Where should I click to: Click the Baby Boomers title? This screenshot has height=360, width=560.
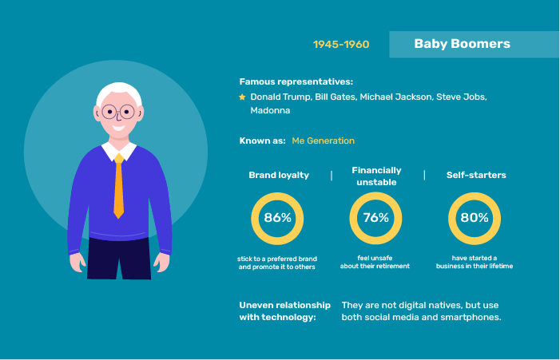pos(463,44)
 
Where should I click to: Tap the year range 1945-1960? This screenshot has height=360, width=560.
pos(341,44)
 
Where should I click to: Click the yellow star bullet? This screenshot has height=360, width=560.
pos(242,97)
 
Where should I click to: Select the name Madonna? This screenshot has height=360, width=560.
pos(270,110)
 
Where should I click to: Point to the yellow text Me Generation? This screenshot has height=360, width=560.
pos(324,140)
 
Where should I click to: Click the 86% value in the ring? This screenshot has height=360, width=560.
pos(277,217)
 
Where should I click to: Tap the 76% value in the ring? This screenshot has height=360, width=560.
pos(375,217)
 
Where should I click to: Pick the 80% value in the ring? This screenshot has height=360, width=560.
pos(475,217)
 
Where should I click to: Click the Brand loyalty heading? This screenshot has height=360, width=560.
pos(279,175)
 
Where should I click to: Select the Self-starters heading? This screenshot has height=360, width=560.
pos(476,175)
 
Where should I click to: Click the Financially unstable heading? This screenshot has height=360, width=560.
pos(376,176)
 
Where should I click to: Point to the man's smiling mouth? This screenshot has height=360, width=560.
pos(118,128)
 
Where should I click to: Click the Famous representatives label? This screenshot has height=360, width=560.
pos(296,81)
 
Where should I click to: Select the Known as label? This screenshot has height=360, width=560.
pos(263,140)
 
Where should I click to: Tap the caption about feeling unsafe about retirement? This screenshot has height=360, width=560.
pos(375,262)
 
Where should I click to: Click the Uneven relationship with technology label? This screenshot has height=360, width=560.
pos(284,311)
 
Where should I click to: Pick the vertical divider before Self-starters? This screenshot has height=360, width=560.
pos(424,175)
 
